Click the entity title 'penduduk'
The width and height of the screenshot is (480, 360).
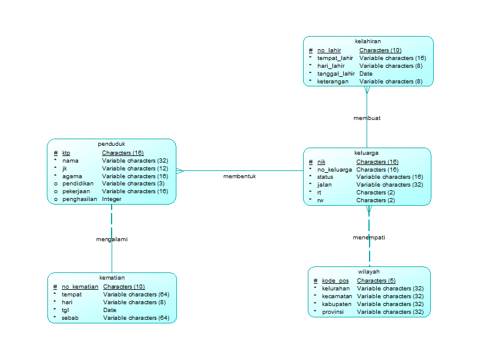(112, 144)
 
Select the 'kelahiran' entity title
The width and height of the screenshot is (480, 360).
(368, 41)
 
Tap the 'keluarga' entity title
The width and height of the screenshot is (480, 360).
(367, 153)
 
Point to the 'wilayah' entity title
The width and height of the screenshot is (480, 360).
(369, 272)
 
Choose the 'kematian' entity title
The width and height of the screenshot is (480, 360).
(112, 278)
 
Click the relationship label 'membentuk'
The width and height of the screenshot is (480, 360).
(239, 176)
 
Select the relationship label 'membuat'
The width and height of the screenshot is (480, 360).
(367, 118)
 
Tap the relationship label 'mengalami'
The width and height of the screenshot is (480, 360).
(112, 239)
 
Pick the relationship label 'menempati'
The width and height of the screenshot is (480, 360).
(368, 238)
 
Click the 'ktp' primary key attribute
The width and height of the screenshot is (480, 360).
(66, 153)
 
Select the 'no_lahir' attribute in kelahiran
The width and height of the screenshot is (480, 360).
(329, 50)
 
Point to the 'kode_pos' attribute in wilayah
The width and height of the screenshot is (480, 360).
(335, 281)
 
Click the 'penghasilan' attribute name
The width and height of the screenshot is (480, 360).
(79, 199)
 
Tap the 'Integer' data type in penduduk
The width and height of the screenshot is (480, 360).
(112, 199)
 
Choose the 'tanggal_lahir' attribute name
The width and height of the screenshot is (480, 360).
(335, 74)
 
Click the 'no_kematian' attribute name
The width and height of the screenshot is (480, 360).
(80, 287)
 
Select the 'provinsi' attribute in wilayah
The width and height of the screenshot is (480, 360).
(334, 312)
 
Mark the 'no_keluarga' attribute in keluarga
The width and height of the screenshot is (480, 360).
(334, 170)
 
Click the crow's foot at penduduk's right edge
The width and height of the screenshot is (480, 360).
(180, 171)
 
